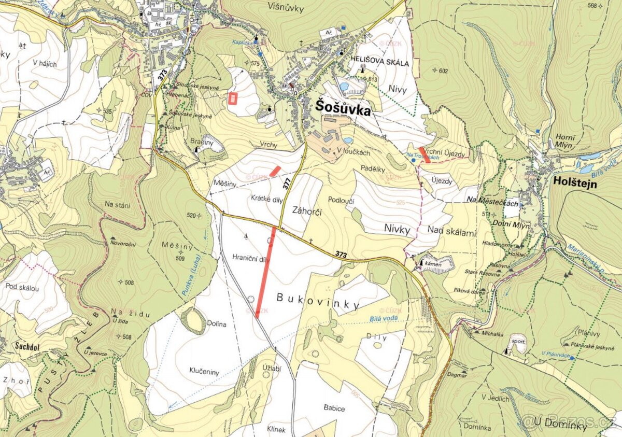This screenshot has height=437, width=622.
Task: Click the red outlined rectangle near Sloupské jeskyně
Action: pos(232,98)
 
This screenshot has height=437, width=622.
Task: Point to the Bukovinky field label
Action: pos(318,301)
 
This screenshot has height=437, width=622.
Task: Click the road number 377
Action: pos(287,182)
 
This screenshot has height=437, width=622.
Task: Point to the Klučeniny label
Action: pos(205,372)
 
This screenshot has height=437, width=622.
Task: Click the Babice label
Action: pos(334,408)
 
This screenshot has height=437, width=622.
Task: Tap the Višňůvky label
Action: pos(286,6)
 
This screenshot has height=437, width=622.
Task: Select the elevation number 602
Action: pos(442,71)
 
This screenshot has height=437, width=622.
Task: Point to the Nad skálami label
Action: pos(452,233)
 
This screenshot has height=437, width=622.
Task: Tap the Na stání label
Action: pos(117,205)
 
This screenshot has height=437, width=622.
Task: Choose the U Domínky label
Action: pos(563,426)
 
